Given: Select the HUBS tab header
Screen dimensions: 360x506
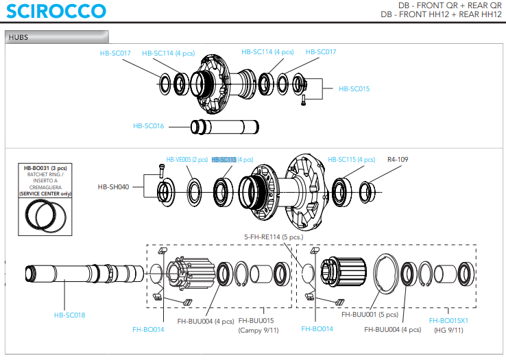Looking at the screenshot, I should (19, 38).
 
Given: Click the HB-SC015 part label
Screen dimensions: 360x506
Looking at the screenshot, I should (354, 88).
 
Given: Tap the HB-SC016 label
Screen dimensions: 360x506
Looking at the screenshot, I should (149, 125).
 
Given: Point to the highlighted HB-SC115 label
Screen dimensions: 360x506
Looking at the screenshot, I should (224, 159).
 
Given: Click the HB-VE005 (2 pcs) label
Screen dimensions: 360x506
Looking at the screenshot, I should (187, 159).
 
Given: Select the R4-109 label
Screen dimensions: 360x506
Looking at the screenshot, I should (398, 159).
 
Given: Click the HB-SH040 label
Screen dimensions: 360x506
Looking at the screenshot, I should (113, 186).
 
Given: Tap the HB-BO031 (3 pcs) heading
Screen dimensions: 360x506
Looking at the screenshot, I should (50, 168).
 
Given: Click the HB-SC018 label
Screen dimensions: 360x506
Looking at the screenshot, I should (69, 315).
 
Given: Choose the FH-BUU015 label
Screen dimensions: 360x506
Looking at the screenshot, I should (256, 320).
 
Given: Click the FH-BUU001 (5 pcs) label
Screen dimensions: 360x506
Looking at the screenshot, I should (370, 315).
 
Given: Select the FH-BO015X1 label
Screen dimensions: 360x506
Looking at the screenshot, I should (448, 320).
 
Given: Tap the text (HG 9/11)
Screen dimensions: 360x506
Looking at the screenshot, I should (448, 330).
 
